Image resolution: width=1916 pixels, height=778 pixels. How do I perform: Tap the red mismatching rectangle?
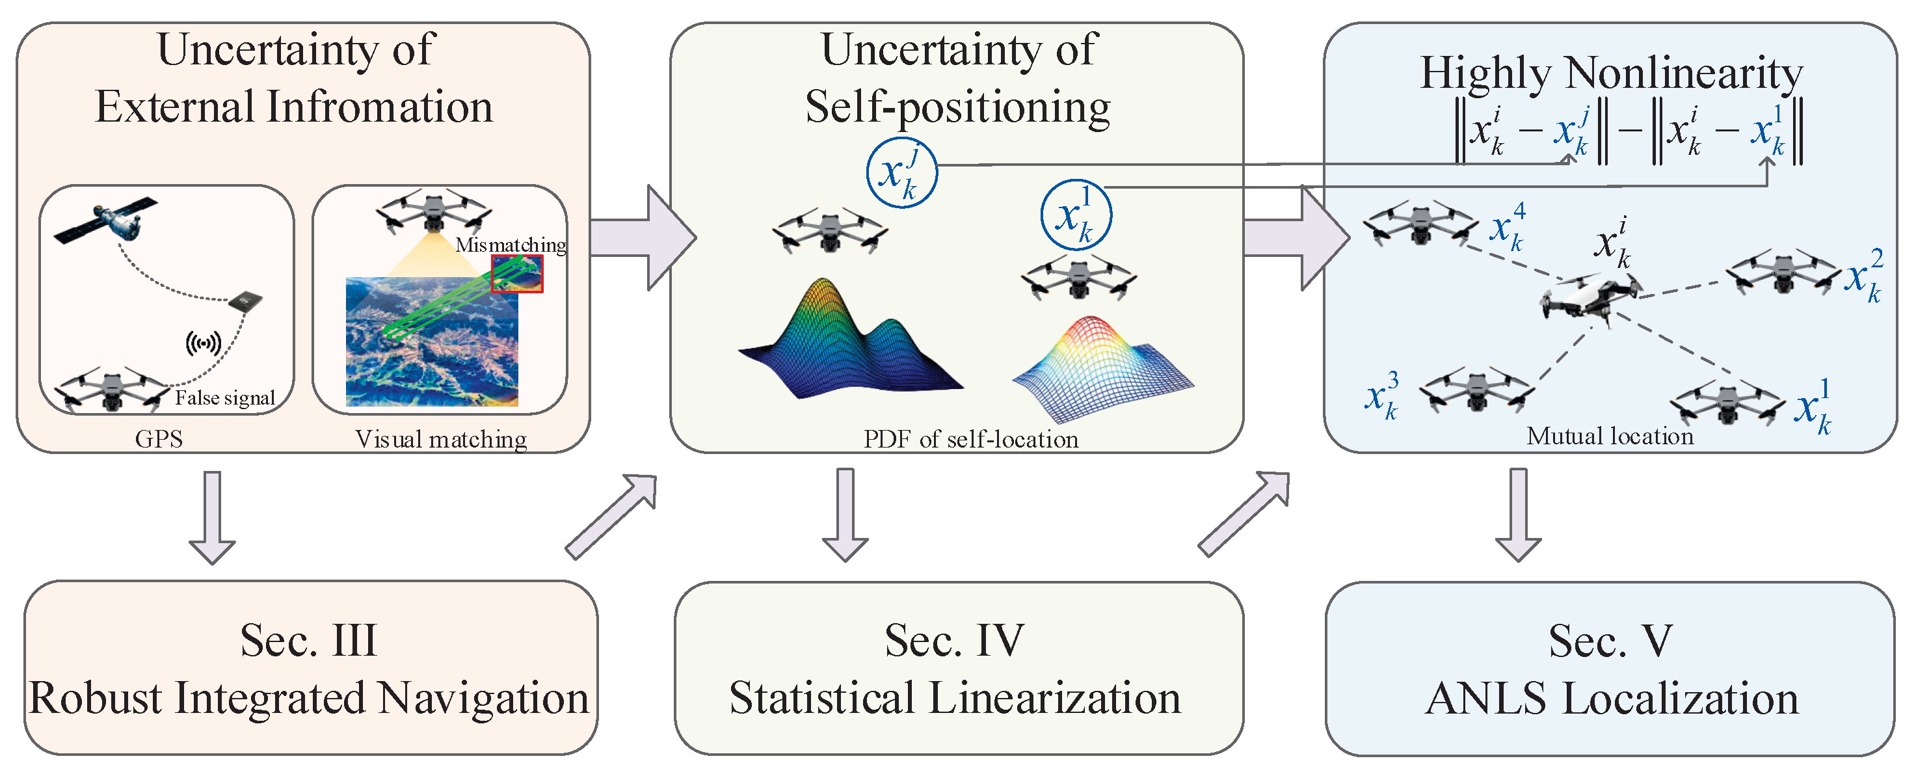(517, 274)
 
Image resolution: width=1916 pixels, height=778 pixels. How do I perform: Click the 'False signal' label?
(224, 398)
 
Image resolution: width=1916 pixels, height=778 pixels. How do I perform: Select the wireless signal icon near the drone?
(203, 343)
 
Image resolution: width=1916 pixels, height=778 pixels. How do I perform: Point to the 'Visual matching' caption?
(441, 440)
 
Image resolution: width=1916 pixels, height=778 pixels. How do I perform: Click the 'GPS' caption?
(159, 439)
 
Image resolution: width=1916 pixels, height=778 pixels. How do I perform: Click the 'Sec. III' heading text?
(309, 640)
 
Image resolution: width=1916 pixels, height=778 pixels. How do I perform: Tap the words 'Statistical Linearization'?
(955, 699)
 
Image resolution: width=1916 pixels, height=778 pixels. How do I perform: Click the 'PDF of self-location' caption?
(970, 440)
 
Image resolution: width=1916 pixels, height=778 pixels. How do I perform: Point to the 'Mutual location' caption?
(1610, 436)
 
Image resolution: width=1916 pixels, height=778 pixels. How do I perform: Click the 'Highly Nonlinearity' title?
(1611, 74)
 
